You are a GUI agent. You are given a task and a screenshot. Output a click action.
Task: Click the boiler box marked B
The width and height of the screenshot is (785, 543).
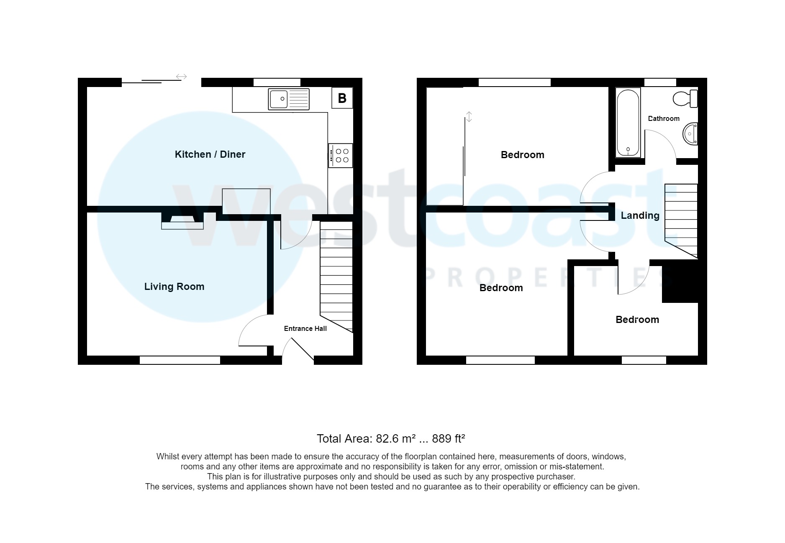tap(342, 98)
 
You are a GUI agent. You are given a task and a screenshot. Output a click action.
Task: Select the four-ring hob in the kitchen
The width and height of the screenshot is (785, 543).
tap(341, 156)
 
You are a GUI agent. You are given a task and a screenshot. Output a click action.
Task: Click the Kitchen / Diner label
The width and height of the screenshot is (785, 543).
tap(210, 154)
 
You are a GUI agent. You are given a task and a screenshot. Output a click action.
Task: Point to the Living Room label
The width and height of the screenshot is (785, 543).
tap(174, 287)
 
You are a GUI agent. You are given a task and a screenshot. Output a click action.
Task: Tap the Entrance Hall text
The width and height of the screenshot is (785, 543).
tap(305, 329)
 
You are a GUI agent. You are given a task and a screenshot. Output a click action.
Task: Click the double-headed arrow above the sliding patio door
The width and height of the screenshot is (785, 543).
tap(181, 77)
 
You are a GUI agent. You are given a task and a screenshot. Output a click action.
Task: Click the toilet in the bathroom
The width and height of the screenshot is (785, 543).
tap(685, 99)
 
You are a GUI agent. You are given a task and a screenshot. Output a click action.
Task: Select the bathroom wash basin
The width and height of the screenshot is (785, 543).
tap(691, 134)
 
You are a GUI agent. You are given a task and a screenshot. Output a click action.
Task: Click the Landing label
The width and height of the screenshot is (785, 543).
tap(640, 215)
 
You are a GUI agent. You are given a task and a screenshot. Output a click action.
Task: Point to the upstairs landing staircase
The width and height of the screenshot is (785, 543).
tap(681, 220)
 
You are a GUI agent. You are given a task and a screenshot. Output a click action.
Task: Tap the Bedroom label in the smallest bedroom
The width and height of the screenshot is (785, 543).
tap(637, 320)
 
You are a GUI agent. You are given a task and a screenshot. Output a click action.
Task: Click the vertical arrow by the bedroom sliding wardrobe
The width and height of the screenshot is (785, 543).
tap(469, 117)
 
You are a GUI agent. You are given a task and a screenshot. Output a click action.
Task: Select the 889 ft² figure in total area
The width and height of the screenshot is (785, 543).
tap(449, 438)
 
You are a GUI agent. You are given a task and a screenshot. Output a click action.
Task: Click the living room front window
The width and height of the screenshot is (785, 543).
tap(180, 360)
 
